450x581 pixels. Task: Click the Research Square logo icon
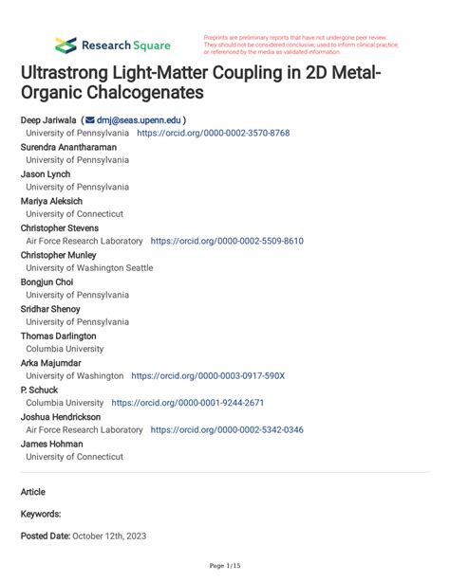[x=66, y=45]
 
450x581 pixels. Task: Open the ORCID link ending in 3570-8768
[x=214, y=135]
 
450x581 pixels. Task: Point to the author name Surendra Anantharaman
[x=71, y=148]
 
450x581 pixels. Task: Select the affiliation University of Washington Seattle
[x=89, y=268]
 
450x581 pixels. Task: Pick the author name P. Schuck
[x=39, y=390]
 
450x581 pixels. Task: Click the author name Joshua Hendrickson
[x=64, y=416]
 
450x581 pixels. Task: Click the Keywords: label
[x=41, y=514]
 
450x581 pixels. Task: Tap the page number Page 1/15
[x=225, y=566]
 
